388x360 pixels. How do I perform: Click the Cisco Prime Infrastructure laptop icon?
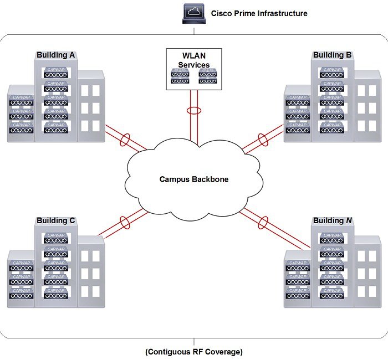pos(194,14)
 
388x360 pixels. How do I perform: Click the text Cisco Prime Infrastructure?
pos(259,13)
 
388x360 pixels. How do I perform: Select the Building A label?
pos(56,55)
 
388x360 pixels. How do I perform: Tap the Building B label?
pos(332,55)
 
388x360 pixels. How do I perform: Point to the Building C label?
pos(56,220)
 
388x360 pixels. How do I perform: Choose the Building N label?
pos(332,220)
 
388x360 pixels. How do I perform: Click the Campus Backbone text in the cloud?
pos(193,179)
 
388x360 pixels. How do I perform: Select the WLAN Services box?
pos(194,69)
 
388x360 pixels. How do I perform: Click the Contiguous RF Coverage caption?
pos(193,352)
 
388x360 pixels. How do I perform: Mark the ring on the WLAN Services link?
pos(194,111)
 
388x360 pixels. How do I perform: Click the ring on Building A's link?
pos(125,138)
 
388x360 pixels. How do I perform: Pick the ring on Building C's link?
pos(125,223)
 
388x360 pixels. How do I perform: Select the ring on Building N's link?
pos(262,223)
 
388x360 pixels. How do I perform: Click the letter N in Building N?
pos(349,220)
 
